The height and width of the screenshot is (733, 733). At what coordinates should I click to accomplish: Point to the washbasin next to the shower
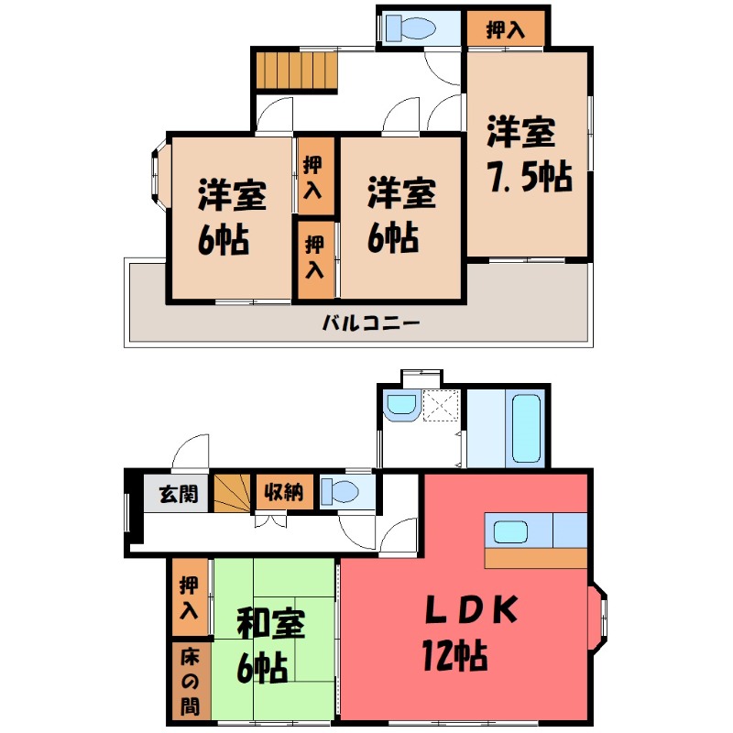[400, 406]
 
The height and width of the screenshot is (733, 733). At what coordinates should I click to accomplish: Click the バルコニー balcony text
[371, 323]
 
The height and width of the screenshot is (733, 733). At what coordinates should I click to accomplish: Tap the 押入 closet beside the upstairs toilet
[505, 28]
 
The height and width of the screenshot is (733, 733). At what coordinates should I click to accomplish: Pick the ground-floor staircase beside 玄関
[233, 493]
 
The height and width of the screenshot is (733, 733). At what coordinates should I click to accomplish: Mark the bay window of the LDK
[597, 627]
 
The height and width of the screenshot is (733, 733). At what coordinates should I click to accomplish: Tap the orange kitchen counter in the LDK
[536, 558]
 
